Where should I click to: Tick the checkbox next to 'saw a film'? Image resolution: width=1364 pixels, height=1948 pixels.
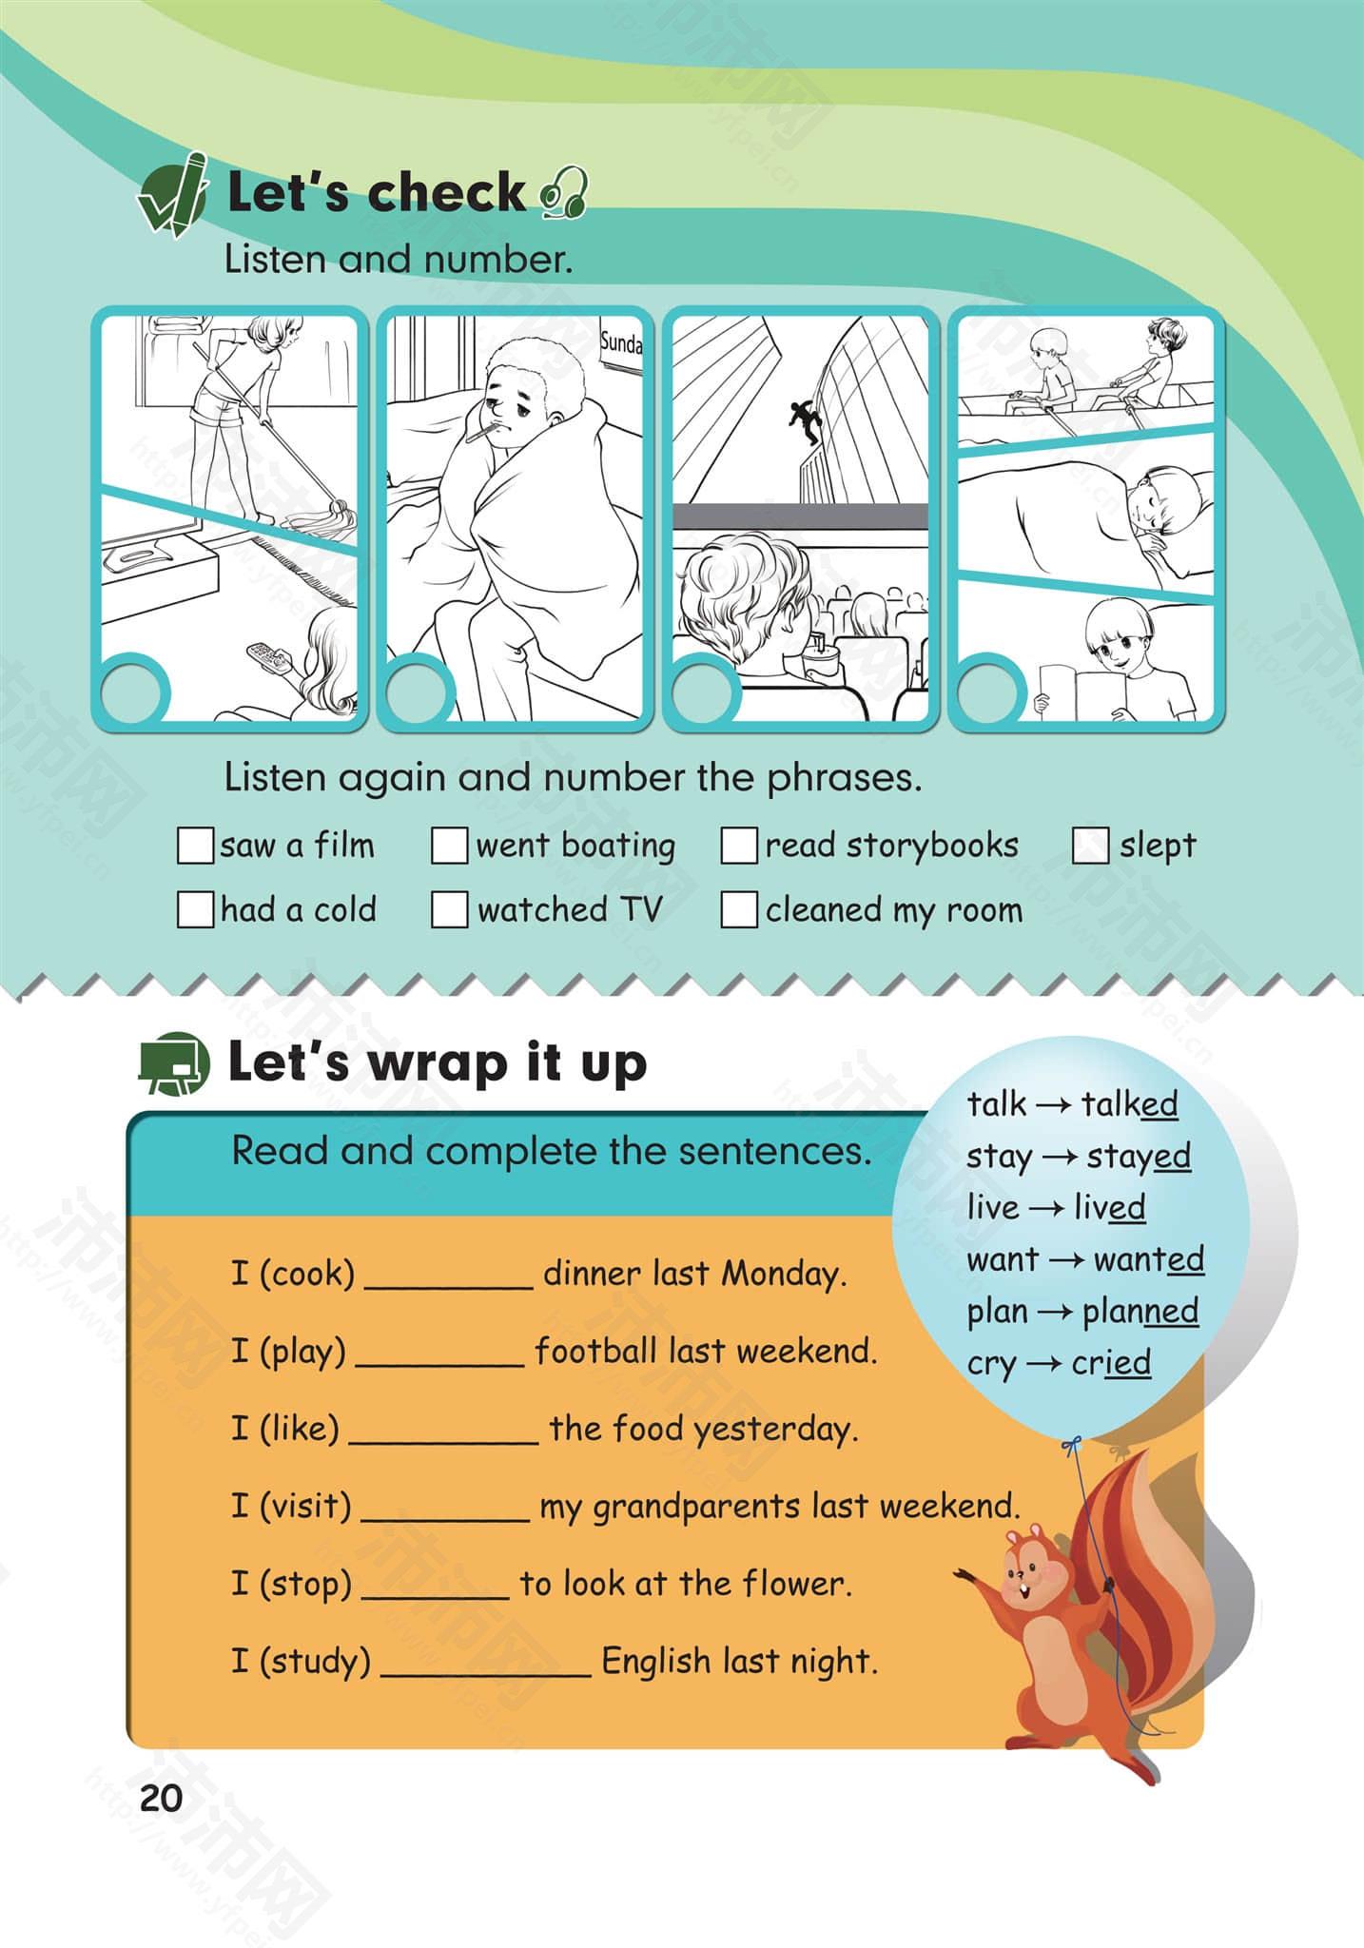[195, 846]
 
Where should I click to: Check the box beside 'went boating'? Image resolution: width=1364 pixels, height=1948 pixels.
[449, 846]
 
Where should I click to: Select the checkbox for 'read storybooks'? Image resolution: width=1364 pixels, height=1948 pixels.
[739, 846]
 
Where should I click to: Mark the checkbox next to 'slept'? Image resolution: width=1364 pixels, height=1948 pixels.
[1090, 846]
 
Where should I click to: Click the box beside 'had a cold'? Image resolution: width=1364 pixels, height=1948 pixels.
[195, 909]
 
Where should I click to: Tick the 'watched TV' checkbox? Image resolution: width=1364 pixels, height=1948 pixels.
[449, 909]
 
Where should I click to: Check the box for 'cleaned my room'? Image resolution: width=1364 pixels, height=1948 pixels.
[739, 909]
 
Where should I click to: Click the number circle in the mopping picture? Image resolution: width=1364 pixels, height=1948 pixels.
[134, 689]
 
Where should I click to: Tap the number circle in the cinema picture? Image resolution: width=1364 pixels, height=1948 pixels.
[706, 689]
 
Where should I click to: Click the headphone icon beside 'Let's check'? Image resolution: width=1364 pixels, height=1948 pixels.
[564, 193]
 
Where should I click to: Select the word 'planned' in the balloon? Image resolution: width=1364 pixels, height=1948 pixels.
[1140, 1312]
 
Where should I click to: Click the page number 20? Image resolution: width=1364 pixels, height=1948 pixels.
[161, 1798]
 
